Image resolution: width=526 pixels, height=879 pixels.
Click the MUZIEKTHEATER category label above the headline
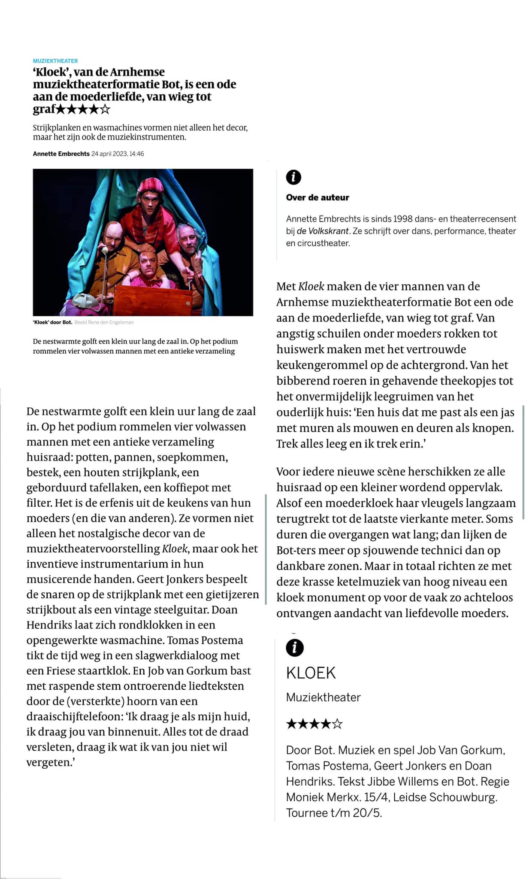pos(55,61)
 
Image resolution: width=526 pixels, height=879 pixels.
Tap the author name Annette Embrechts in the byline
pos(61,154)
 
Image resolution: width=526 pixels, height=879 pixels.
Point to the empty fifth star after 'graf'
pos(105,109)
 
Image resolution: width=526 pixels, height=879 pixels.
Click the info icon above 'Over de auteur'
pos(293,177)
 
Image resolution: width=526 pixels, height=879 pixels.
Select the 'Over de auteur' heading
pos(317,197)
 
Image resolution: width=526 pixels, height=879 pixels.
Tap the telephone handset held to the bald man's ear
pos(103,250)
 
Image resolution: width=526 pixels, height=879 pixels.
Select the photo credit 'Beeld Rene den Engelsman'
pos(104,322)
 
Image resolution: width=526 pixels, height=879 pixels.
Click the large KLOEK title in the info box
pos(311,673)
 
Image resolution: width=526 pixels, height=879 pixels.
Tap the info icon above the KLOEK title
pos(294,647)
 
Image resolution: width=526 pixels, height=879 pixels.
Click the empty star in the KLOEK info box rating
pos(338,724)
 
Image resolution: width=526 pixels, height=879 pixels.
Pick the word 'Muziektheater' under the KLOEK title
pos(323,697)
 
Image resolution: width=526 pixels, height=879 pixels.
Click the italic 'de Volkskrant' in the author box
pos(323,231)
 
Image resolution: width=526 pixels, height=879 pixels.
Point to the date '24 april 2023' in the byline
pos(109,154)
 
